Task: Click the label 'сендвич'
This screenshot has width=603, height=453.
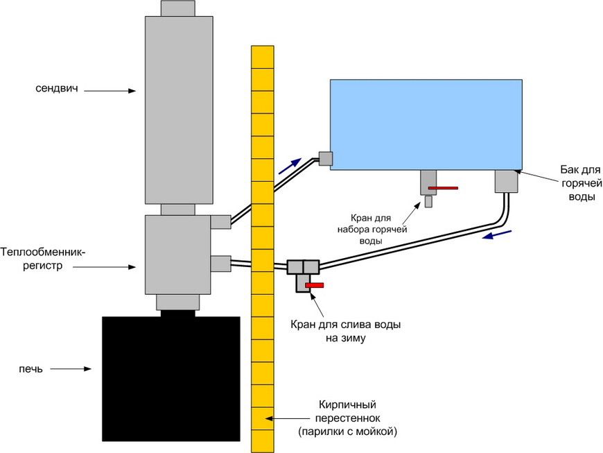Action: [57, 89]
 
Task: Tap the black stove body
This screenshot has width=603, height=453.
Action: [171, 379]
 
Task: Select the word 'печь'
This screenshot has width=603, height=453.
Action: [30, 369]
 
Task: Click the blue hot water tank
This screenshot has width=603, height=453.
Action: [426, 124]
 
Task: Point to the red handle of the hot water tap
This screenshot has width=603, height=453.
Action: [443, 188]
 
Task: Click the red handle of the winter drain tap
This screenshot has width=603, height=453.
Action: [314, 285]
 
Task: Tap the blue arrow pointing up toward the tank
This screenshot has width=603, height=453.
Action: [290, 166]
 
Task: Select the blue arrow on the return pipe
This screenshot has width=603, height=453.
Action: [497, 234]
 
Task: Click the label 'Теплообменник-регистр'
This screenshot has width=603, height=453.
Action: [43, 259]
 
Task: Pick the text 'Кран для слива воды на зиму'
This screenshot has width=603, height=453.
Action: [345, 331]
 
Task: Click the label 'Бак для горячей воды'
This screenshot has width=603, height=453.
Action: [580, 183]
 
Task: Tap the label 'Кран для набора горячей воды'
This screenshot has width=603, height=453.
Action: [372, 230]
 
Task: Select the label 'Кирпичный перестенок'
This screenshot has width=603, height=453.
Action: [347, 411]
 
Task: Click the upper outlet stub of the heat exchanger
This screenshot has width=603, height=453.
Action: [220, 222]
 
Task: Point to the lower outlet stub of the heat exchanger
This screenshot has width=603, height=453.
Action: [220, 264]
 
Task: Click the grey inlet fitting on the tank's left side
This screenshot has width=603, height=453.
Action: [325, 158]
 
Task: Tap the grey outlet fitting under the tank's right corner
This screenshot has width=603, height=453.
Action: [506, 181]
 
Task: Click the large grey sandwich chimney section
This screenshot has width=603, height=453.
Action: [179, 110]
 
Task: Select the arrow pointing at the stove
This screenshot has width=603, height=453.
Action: [71, 368]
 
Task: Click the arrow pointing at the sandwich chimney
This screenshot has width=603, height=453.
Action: [110, 91]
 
